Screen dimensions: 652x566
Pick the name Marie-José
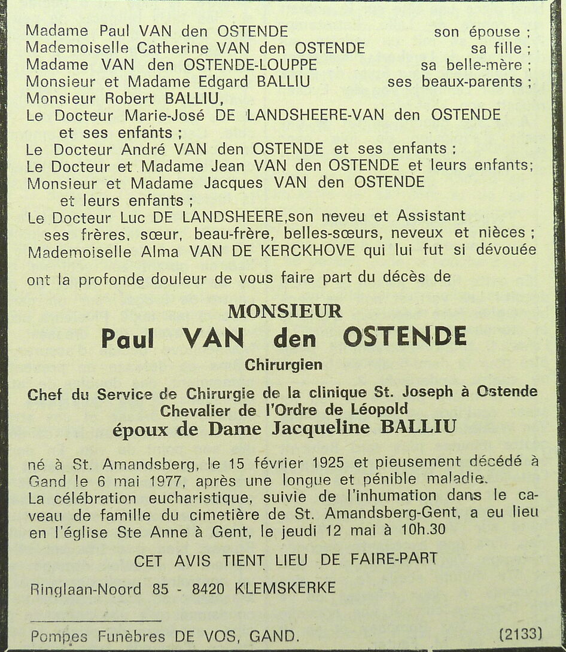[x=163, y=115]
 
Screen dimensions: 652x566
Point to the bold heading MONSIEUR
[x=285, y=312]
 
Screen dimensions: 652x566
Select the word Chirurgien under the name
[x=284, y=364]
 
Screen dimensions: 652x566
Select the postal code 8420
[x=208, y=589]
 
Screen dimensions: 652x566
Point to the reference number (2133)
[x=521, y=633]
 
